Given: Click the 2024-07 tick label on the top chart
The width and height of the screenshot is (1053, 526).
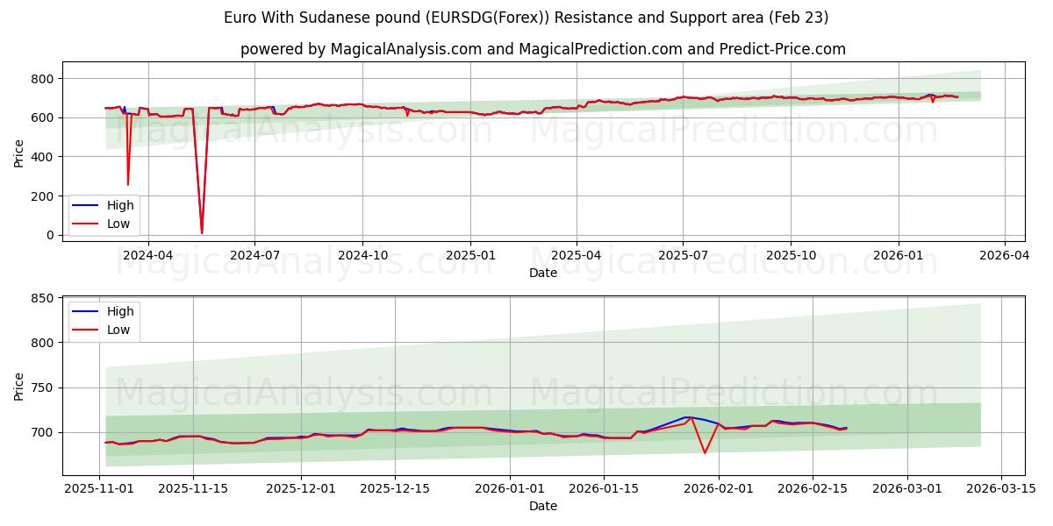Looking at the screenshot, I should point(254,255).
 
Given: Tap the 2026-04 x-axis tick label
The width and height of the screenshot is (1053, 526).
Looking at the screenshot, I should point(1004,255).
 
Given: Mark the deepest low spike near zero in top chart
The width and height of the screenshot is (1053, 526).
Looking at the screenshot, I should point(202,232).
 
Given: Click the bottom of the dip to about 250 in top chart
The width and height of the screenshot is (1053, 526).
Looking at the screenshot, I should point(128,184).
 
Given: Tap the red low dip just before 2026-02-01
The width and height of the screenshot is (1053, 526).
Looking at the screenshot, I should point(705,452).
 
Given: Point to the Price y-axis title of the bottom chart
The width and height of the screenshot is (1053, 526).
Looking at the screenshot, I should point(19,387).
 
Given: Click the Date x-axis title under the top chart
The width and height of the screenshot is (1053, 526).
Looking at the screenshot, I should point(542,273).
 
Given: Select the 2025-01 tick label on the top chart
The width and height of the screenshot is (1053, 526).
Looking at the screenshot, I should point(470,255).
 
